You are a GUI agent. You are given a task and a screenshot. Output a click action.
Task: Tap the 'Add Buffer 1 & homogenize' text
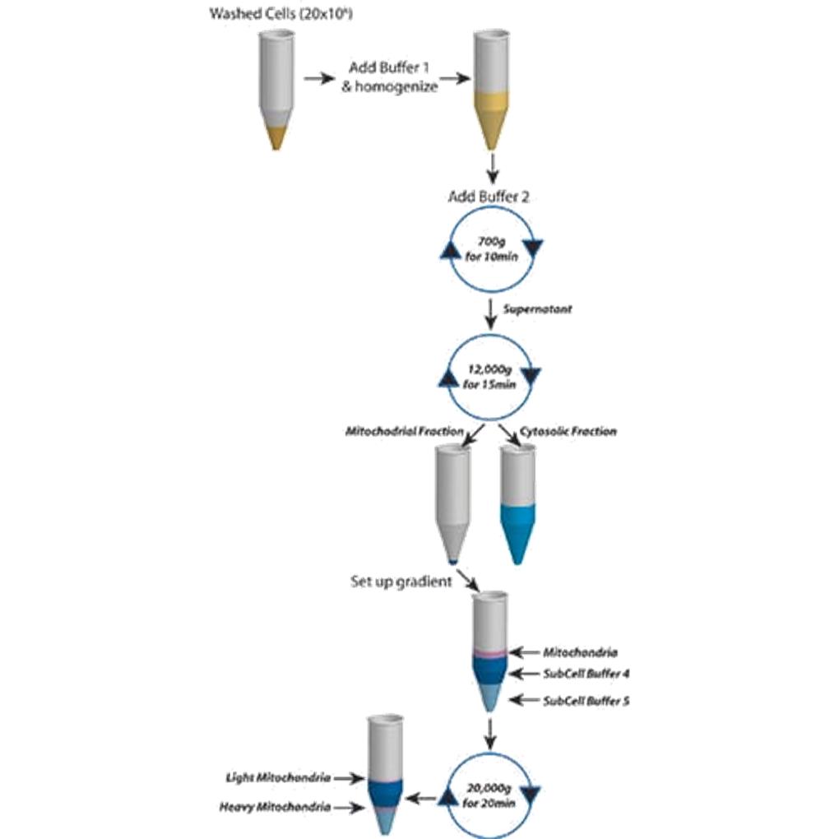389,77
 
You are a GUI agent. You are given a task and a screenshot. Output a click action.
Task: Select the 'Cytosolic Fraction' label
568,431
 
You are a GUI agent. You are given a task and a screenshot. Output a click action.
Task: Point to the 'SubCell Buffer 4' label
586,674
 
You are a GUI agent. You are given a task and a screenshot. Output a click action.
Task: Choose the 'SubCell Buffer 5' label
586,702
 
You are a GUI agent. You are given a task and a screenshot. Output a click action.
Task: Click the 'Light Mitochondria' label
280,777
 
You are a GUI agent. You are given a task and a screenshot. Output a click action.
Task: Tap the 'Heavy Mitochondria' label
276,808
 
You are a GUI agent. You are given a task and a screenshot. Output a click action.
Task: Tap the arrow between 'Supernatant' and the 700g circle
491,311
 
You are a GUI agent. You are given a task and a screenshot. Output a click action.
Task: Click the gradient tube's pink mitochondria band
490,653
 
